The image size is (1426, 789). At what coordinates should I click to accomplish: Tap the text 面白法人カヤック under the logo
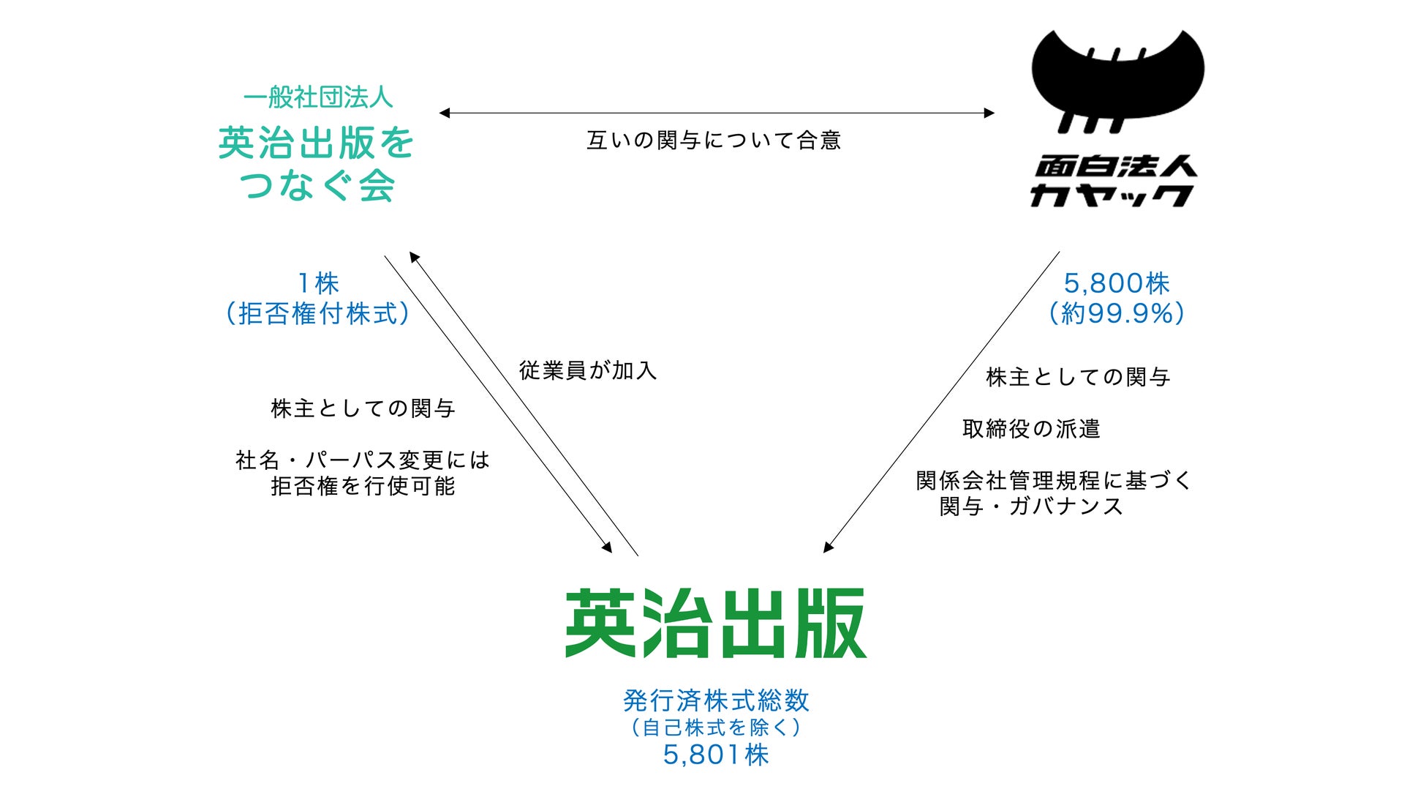pyautogui.click(x=1114, y=182)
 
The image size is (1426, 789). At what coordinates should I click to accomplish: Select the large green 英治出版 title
pyautogui.click(x=715, y=624)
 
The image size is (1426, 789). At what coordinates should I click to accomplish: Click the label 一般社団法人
pyautogui.click(x=317, y=97)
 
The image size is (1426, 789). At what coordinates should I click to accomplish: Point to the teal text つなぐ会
pyautogui.click(x=317, y=185)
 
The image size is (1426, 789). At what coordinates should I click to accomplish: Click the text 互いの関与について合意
pyautogui.click(x=714, y=141)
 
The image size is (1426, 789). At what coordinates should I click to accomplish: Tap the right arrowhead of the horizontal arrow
pyautogui.click(x=989, y=113)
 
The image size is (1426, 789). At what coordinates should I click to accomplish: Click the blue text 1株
pyautogui.click(x=318, y=283)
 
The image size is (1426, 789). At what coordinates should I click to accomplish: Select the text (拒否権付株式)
pyautogui.click(x=317, y=313)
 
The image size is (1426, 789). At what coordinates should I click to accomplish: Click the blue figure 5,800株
pyautogui.click(x=1116, y=283)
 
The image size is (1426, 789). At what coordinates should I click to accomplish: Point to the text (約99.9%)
pyautogui.click(x=1116, y=313)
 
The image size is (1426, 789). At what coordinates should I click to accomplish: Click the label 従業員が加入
pyautogui.click(x=588, y=370)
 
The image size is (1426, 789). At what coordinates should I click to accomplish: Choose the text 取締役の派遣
pyautogui.click(x=1031, y=429)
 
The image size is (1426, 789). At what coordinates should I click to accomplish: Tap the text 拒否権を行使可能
pyautogui.click(x=363, y=486)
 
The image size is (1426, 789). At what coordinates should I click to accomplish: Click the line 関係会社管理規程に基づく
pyautogui.click(x=1054, y=481)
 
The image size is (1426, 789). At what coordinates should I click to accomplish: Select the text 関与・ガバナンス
pyautogui.click(x=1031, y=506)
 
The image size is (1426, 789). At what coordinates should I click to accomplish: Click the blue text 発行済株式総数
pyautogui.click(x=716, y=700)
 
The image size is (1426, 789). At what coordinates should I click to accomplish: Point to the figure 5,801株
pyautogui.click(x=716, y=755)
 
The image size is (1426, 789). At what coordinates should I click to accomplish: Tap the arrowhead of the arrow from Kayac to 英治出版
pyautogui.click(x=829, y=547)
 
